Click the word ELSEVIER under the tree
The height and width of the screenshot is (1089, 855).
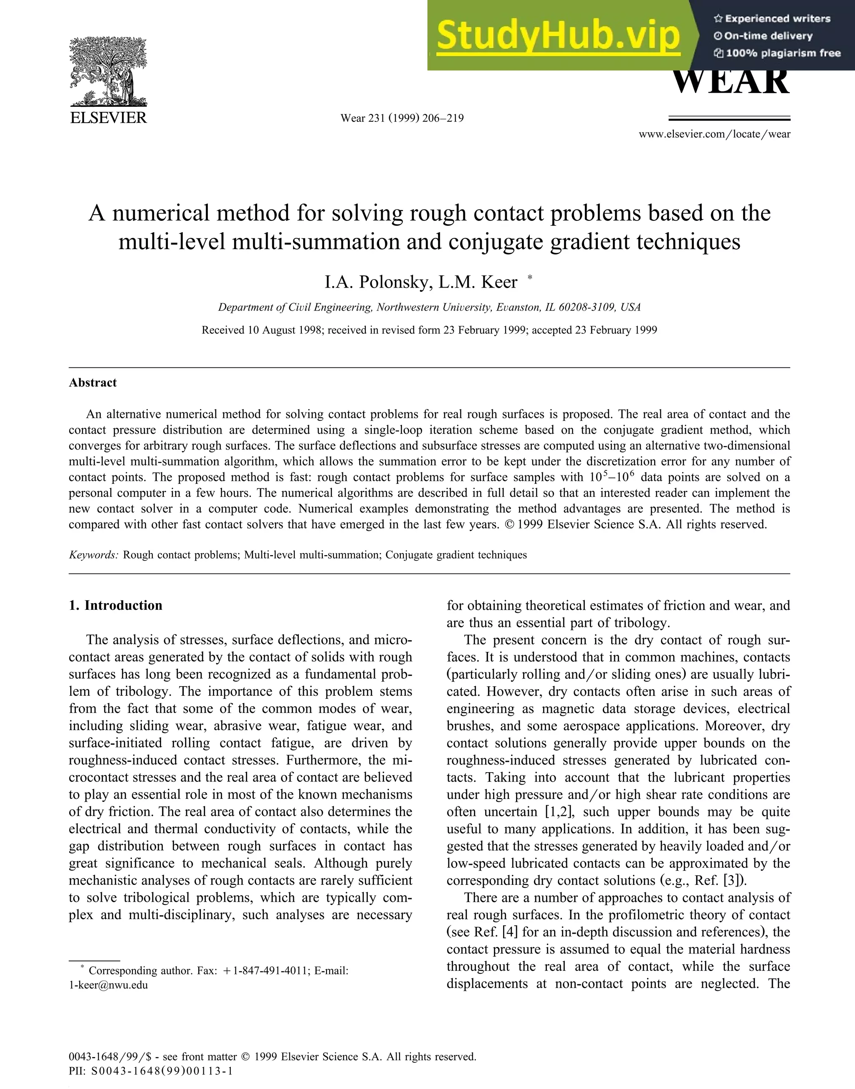pos(108,118)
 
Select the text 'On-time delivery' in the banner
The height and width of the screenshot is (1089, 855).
pos(768,36)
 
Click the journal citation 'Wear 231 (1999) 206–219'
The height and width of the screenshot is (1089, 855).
pos(402,118)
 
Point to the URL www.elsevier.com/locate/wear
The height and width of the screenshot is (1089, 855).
pos(714,134)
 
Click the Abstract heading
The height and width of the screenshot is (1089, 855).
pos(93,383)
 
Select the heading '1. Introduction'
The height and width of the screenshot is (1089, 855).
pos(116,606)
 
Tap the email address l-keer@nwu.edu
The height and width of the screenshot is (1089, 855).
pos(108,985)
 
